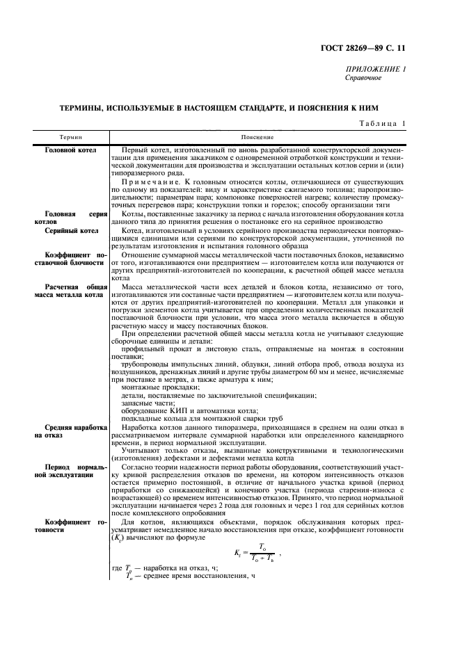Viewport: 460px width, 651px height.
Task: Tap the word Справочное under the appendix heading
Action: click(363, 78)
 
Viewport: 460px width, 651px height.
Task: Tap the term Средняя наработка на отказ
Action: click(75, 433)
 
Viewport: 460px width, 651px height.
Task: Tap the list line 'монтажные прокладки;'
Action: click(153, 387)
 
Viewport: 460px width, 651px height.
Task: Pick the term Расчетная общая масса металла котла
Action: click(75, 291)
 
